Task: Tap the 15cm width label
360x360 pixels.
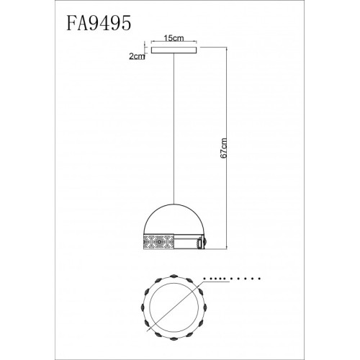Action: pos(172,38)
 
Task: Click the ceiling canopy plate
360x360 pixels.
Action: pos(173,51)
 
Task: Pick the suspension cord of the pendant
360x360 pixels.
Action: pos(173,130)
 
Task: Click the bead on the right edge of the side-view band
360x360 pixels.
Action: pos(205,242)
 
